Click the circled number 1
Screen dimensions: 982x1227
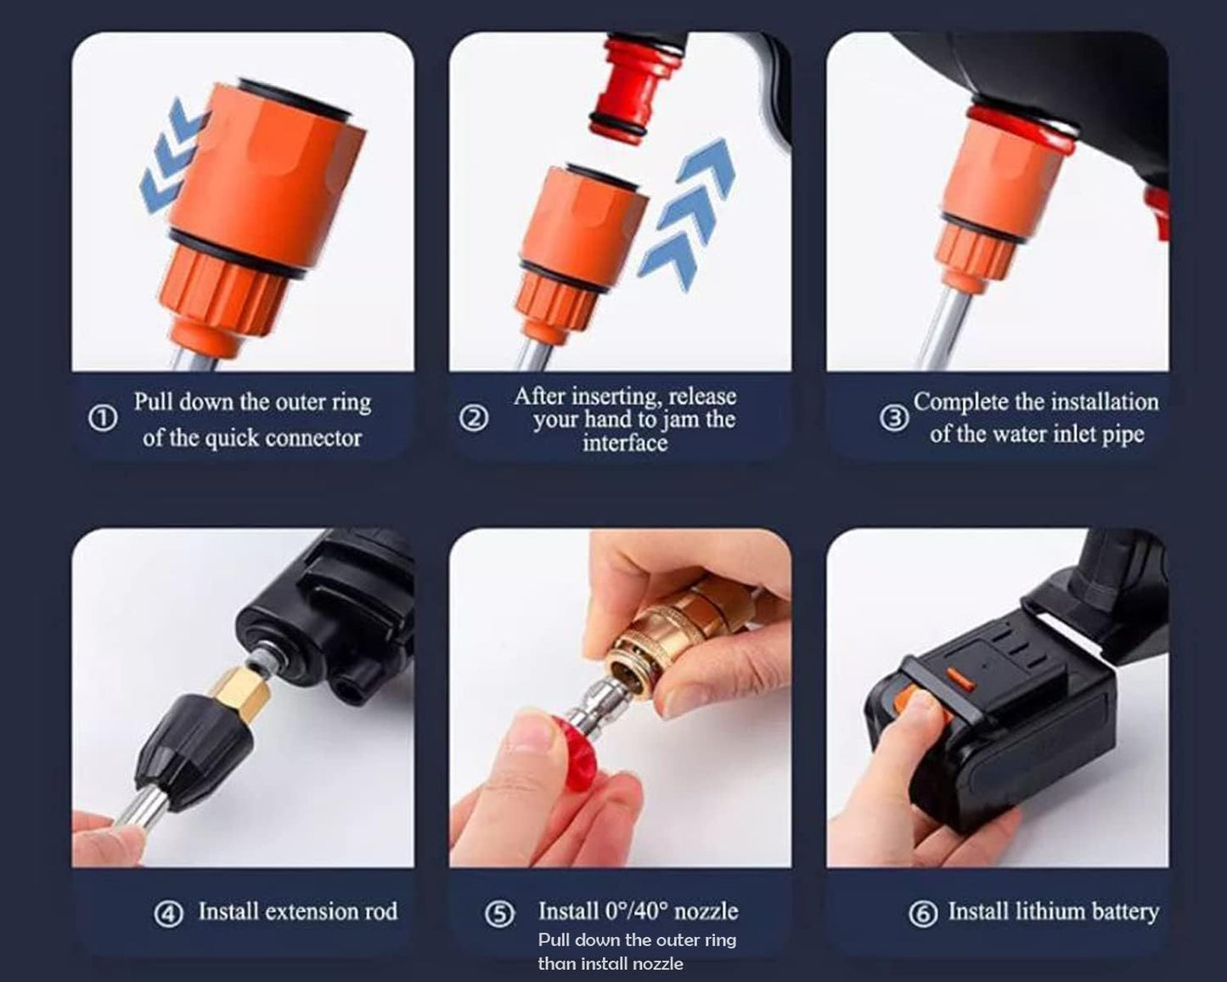[103, 419]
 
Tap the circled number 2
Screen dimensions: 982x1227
[474, 418]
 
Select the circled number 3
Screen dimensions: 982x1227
[893, 418]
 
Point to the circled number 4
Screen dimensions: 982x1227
[168, 914]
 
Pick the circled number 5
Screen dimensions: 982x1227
[499, 914]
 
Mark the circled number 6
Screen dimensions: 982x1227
[923, 914]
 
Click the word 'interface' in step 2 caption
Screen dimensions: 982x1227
[625, 443]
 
